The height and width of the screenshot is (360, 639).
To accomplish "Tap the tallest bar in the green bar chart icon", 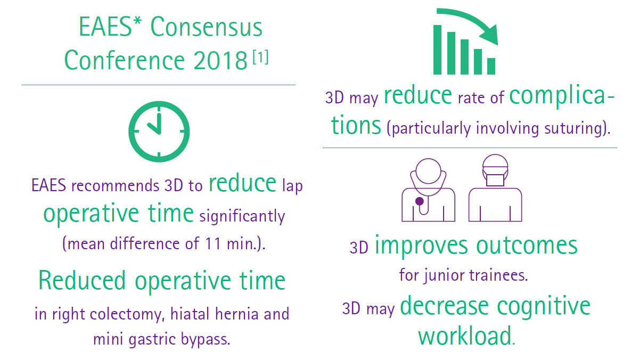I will tap(438, 50).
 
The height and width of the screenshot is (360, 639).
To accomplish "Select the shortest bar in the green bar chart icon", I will tap(490, 66).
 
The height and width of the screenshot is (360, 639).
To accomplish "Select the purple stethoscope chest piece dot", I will tap(420, 201).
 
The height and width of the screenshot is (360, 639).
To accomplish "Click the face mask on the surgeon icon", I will tap(495, 176).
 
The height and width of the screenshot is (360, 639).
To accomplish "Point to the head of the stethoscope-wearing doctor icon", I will tap(428, 171).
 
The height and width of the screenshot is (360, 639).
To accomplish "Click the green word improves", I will tap(421, 246).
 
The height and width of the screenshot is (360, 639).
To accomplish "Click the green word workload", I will tap(464, 336).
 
